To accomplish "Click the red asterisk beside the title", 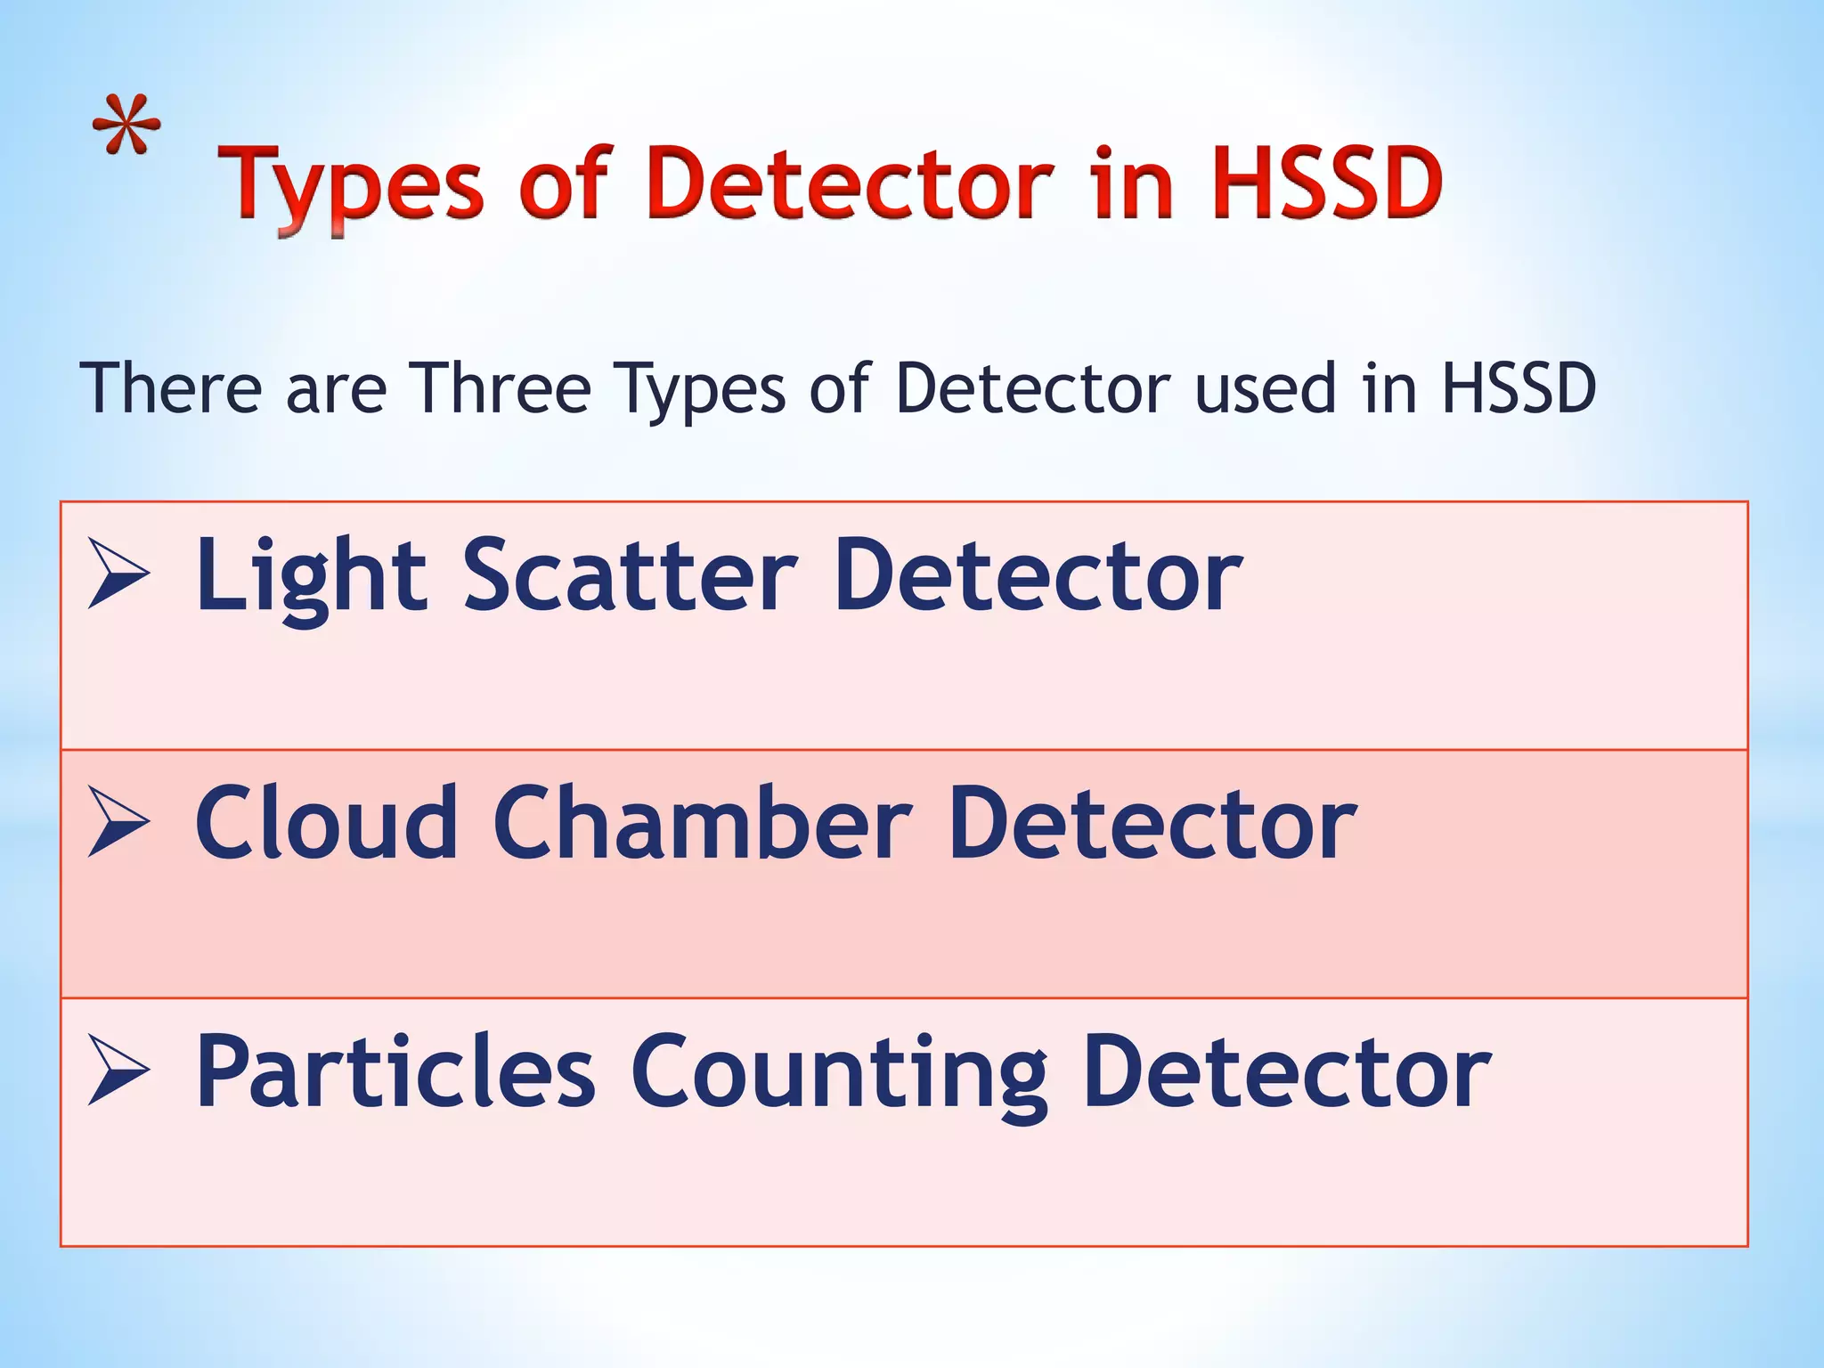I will click(127, 124).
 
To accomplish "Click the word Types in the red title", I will click(351, 186).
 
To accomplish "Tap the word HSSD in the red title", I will click(1326, 183).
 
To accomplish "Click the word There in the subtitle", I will click(169, 388).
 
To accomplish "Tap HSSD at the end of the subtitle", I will click(1518, 388).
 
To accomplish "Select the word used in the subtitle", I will click(1266, 388).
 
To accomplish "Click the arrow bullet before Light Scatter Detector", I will click(118, 574).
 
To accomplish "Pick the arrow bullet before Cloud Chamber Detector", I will click(118, 823).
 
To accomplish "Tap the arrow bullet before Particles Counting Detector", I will click(118, 1071).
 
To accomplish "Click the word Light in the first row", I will click(311, 577).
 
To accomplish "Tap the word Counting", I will click(838, 1074).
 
